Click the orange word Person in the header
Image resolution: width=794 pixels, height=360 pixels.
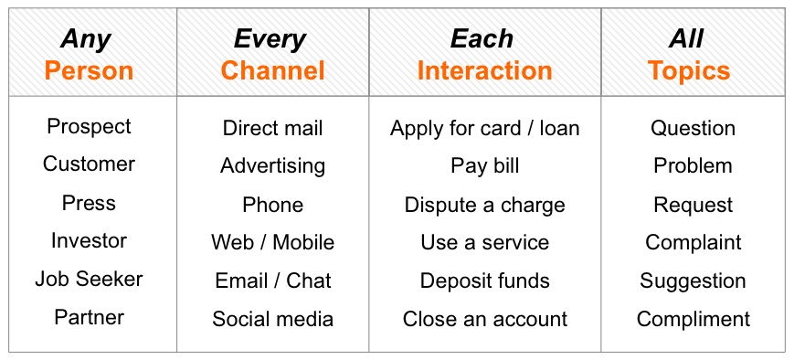pyautogui.click(x=89, y=70)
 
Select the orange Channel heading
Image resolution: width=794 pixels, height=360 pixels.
pyautogui.click(x=272, y=70)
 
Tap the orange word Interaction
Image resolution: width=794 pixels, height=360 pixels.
pyautogui.click(x=484, y=70)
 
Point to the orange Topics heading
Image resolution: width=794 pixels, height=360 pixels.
pyautogui.click(x=689, y=71)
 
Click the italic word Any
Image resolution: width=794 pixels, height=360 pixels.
pyautogui.click(x=86, y=40)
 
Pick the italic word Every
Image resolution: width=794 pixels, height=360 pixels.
pyautogui.click(x=270, y=40)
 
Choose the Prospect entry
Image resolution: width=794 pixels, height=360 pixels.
pyautogui.click(x=89, y=127)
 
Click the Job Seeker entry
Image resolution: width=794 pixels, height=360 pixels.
pyautogui.click(x=89, y=279)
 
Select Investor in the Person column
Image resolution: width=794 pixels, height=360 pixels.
pyautogui.click(x=89, y=240)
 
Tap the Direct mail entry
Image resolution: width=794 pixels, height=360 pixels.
pyautogui.click(x=272, y=128)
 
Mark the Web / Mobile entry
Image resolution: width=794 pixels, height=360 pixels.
pyautogui.click(x=272, y=242)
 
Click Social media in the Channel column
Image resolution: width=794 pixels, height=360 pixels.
pyautogui.click(x=272, y=319)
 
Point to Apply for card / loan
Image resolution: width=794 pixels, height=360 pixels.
pyautogui.click(x=484, y=129)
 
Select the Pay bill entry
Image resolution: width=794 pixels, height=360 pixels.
pyautogui.click(x=484, y=166)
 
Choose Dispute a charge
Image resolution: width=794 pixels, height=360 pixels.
pyautogui.click(x=484, y=206)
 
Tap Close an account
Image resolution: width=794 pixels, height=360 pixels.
pyautogui.click(x=484, y=319)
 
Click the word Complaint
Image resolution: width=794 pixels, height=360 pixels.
pyautogui.click(x=693, y=243)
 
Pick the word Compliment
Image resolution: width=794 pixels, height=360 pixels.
pyautogui.click(x=693, y=320)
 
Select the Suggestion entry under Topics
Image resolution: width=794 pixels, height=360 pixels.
pyautogui.click(x=693, y=281)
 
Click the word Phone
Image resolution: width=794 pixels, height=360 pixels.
pyautogui.click(x=272, y=205)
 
